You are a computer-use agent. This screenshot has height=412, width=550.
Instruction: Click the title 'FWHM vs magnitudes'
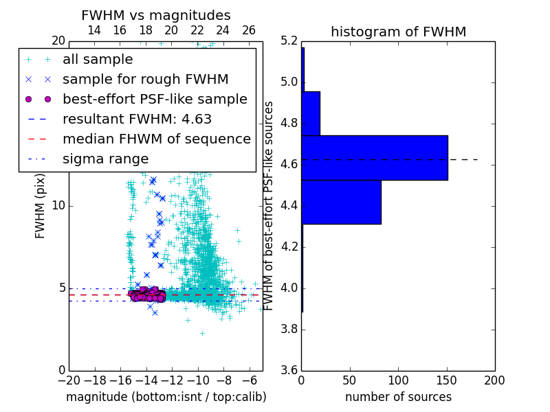coord(156,15)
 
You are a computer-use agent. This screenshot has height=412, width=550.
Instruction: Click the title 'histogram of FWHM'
coord(398,32)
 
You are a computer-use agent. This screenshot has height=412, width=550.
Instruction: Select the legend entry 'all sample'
coord(98,60)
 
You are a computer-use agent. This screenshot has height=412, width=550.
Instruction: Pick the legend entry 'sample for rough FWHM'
coord(145,79)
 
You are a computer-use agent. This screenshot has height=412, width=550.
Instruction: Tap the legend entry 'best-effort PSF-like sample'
coord(155,99)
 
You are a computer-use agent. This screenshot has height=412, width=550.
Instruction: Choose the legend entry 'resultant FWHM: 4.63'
coord(137,119)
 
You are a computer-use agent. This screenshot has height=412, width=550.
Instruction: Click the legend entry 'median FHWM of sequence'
coord(156,139)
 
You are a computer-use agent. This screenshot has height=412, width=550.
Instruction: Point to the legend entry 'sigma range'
coord(105,159)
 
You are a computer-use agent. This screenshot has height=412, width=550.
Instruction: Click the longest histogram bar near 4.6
coord(375,157)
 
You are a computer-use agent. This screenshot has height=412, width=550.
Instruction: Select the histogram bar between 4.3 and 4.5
coord(341,202)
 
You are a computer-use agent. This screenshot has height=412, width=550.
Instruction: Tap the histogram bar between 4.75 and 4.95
coord(311,113)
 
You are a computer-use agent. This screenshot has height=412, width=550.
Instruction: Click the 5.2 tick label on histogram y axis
coord(290,41)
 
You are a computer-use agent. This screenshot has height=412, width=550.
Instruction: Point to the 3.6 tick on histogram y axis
coord(290,369)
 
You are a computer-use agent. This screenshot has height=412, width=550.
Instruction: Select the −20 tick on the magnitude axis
coord(69,380)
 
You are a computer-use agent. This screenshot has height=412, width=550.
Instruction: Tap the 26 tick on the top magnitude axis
coord(249,30)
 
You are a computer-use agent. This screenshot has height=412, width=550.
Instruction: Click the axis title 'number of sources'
coord(398,397)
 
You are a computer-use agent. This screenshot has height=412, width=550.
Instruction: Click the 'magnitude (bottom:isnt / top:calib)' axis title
coord(166,397)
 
